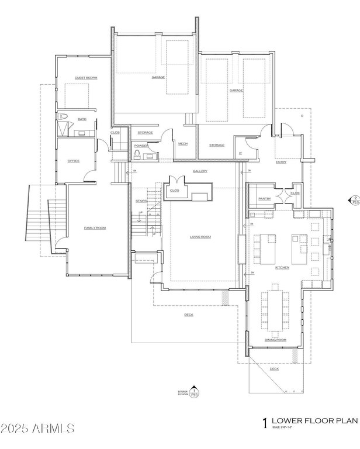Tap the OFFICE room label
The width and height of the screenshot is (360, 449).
pos(73,161)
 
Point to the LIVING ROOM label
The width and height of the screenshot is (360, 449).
pos(200,237)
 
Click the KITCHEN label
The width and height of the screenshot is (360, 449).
pos(282,267)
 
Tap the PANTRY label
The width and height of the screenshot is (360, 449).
pos(263,199)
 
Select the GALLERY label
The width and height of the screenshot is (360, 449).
pos(200,171)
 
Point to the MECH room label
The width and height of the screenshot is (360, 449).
pos(182,144)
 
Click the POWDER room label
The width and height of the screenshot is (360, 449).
pos(141,145)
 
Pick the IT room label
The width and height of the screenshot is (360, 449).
pos(240,153)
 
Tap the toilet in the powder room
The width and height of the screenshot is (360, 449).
pos(137,154)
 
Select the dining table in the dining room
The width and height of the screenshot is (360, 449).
pos(274,308)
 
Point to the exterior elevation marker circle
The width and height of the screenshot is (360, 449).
pos(196,394)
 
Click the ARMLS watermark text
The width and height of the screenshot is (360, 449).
pos(37,429)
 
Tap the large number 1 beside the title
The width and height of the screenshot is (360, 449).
pos(266,422)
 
